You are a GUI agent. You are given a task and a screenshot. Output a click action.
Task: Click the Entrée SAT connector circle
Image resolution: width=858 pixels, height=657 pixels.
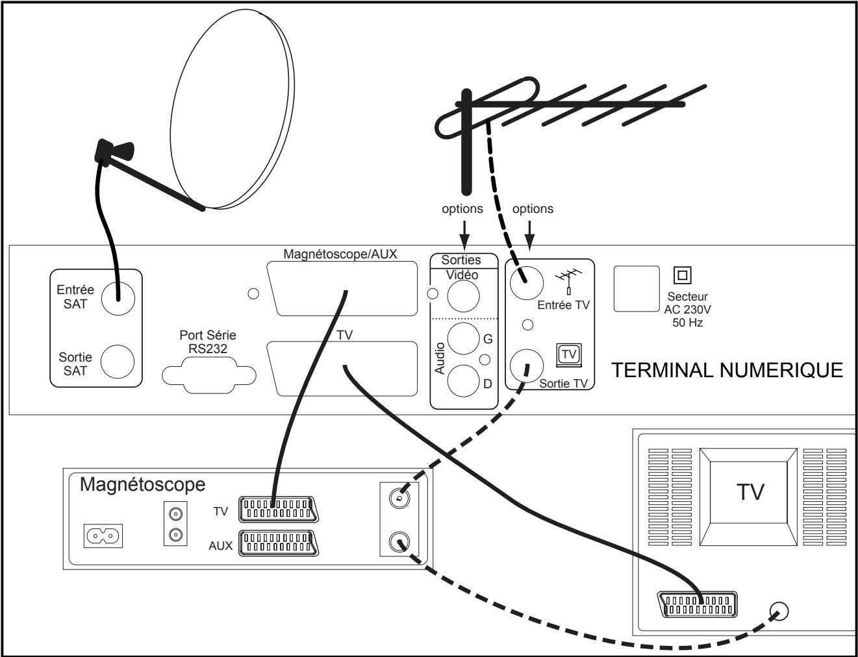coord(118,298)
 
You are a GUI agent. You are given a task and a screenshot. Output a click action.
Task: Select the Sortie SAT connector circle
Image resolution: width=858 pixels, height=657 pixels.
coord(118,362)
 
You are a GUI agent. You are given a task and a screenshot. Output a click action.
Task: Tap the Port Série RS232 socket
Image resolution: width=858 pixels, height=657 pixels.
coord(209,375)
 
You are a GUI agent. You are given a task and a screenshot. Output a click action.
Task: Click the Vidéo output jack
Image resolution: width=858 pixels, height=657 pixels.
coord(463,296)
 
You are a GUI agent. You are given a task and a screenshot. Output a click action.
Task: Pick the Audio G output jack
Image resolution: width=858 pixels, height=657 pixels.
coord(463,338)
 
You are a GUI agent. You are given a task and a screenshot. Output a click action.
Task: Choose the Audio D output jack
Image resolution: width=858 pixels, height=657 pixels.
coord(463,381)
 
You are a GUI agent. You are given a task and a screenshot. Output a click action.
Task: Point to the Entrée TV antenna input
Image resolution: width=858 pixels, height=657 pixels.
coord(527,283)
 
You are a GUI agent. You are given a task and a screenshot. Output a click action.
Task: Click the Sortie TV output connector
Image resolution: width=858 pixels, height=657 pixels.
coord(527,366)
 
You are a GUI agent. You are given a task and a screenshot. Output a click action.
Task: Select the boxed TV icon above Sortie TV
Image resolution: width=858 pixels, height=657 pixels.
coord(569,355)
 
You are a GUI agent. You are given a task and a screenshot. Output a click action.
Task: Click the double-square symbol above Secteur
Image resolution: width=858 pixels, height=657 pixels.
coord(682,275)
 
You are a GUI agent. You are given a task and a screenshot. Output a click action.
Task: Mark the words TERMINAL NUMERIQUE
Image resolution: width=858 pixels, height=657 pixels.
coord(727,370)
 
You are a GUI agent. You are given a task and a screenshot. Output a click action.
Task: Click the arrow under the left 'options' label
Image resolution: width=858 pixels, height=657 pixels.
coord(464,235)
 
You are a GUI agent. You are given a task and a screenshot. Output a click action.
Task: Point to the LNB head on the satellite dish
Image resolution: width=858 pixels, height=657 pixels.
coord(114,151)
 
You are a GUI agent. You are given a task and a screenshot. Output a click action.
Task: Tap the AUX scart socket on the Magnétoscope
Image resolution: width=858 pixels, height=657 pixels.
coord(279,543)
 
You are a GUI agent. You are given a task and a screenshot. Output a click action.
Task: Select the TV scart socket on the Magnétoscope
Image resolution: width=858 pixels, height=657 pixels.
coord(279,509)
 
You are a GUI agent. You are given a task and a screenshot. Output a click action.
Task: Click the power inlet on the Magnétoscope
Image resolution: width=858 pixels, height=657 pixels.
coord(103,536)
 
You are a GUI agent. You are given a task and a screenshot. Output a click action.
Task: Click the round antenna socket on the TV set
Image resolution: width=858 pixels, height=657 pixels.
coord(779,611)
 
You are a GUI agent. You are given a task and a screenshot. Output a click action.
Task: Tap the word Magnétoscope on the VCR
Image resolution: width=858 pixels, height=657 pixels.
coord(142,485)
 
